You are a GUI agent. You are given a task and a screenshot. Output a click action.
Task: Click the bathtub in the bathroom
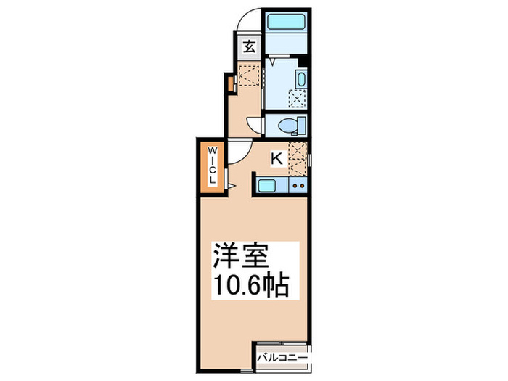coord(285,20)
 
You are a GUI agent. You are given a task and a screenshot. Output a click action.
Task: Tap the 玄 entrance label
coord(248,48)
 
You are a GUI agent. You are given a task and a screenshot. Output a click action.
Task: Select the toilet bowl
coord(289,126)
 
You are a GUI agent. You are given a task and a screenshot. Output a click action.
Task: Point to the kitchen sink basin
coord(266,186)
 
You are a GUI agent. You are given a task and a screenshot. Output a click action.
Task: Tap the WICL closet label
coord(213,165)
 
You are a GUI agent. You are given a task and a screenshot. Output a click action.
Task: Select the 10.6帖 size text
coord(250,284)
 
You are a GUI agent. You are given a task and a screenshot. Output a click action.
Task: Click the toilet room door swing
coord(255,125)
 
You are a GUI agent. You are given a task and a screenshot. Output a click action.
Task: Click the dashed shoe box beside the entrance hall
coord(249,75)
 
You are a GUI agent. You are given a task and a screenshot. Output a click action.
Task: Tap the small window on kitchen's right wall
coord(309,158)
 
